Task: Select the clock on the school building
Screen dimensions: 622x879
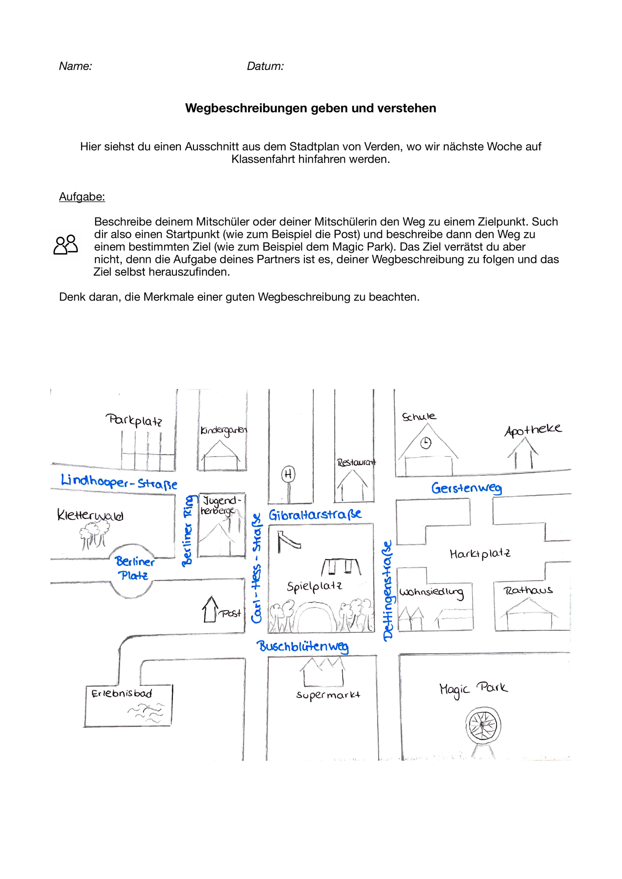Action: pos(426,443)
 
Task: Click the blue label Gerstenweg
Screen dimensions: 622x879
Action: pos(467,488)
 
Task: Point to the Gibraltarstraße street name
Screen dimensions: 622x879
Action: pos(315,515)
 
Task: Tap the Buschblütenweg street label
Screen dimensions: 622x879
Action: pos(303,647)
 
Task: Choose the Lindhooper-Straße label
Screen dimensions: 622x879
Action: pos(119,482)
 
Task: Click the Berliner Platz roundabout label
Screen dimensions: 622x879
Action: pos(134,568)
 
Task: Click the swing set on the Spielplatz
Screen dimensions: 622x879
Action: pos(341,567)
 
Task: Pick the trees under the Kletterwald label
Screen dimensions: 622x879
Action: pos(94,536)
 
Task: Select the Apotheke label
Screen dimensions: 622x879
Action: pos(533,430)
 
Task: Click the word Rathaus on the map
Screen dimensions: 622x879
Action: pos(528,590)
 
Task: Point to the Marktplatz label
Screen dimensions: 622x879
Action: pos(480,554)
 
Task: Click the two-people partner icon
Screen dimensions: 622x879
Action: pos(66,245)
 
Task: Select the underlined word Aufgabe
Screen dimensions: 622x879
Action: pos(82,197)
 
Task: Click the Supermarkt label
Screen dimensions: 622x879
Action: pos(328,695)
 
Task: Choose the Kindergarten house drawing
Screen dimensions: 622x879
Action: pos(221,455)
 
